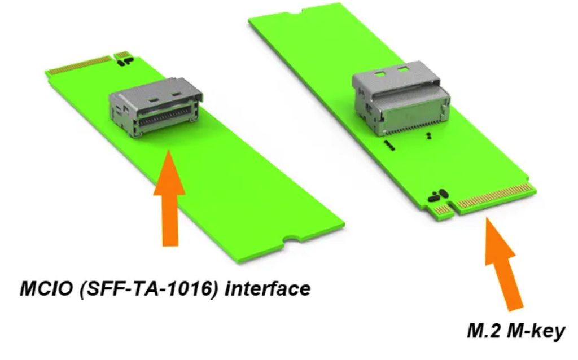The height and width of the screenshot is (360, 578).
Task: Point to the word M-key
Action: (x=537, y=331)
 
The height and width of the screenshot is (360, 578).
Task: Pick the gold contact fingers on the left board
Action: (x=79, y=64)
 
